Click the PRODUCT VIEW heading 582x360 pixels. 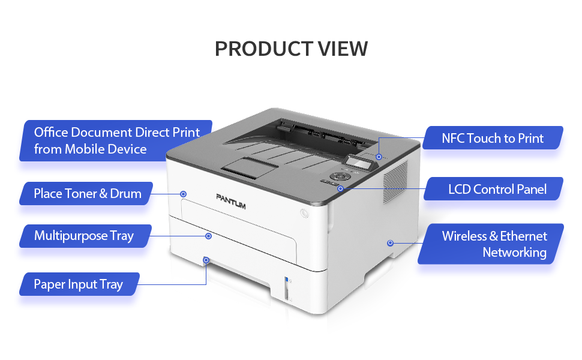[x=291, y=49]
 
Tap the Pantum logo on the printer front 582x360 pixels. [x=231, y=201]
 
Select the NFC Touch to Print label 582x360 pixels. [x=493, y=138]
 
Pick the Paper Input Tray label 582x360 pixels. [x=79, y=284]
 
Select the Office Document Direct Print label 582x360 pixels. [x=116, y=140]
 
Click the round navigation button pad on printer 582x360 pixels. [x=341, y=176]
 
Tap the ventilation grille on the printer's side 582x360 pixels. [x=395, y=181]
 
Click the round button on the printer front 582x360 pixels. [x=304, y=214]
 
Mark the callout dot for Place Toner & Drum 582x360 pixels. [x=184, y=194]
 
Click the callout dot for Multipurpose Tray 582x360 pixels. [x=209, y=236]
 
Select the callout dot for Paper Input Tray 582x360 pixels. [x=206, y=260]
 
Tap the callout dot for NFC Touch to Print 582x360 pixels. [x=379, y=157]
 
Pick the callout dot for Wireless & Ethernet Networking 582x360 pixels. [x=390, y=243]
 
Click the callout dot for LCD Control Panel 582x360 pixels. [x=340, y=188]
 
